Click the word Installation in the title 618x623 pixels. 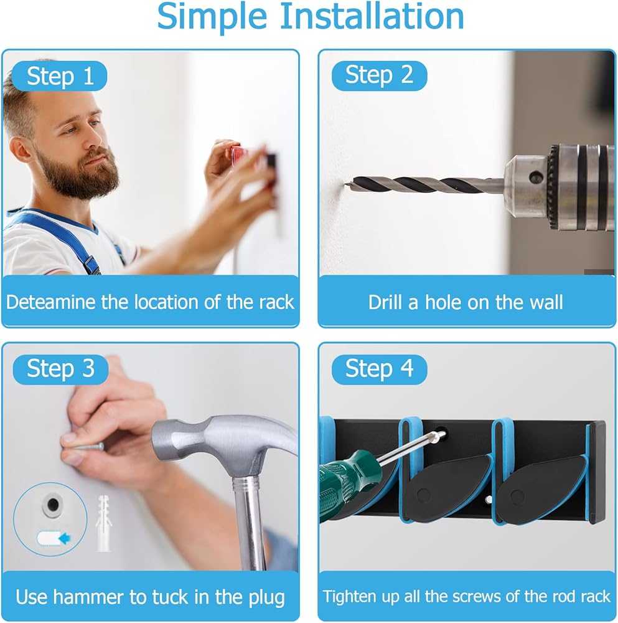pyautogui.click(x=372, y=16)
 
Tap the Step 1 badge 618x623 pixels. pyautogui.click(x=60, y=76)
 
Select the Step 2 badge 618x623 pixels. pyautogui.click(x=379, y=75)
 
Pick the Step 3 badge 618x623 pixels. pyautogui.click(x=60, y=369)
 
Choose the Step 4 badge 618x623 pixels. pyautogui.click(x=379, y=369)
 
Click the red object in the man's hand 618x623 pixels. pyautogui.click(x=237, y=154)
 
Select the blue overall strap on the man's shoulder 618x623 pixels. pyautogui.click(x=60, y=239)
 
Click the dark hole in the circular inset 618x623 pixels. pyautogui.click(x=52, y=505)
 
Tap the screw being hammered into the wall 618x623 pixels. pyautogui.click(x=88, y=447)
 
